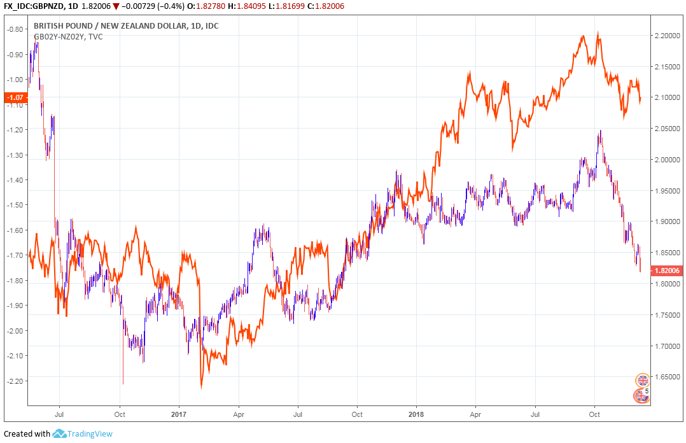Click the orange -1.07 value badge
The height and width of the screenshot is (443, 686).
coord(14,97)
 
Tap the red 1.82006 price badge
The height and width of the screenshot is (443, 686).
coord(666,271)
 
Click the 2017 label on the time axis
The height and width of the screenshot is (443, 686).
coord(179,413)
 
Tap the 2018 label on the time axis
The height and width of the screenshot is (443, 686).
coord(416,413)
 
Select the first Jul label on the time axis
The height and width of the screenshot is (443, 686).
coord(59,413)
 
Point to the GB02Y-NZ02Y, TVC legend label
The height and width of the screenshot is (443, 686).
coord(68,37)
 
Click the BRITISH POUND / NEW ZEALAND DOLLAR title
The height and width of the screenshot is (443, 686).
coord(111,26)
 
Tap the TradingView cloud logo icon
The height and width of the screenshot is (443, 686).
coord(60,434)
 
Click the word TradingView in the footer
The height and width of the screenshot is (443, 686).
coord(91,434)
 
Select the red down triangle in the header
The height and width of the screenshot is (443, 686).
coord(116,6)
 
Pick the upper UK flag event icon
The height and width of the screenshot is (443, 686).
coord(643,381)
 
